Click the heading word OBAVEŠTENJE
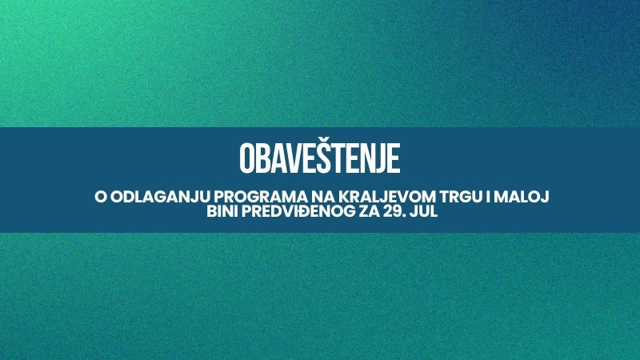point(319,158)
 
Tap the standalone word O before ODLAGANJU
point(101,197)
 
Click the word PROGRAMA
point(261,197)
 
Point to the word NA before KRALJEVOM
point(323,197)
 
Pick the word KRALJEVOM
point(388,197)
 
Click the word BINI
point(222,212)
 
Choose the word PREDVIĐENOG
point(298,212)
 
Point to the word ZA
point(370,212)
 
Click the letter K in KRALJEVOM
point(346,197)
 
